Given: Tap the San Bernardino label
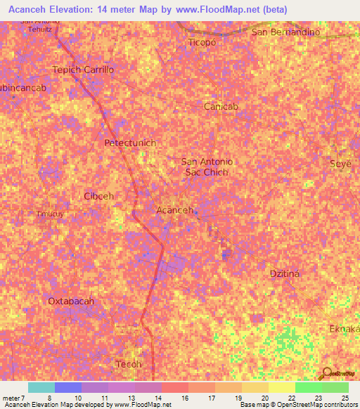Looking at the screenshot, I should [285, 32].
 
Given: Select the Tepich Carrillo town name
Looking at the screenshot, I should [83, 70].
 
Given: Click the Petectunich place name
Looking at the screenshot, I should [130, 143].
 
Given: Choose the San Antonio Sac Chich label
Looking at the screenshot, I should [207, 167].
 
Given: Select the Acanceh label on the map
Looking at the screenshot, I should [174, 210].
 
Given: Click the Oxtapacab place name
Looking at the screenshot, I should [71, 301].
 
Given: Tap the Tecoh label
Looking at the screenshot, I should [129, 364].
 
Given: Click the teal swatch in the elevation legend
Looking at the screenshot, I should [41, 387].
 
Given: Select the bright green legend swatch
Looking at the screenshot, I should [309, 387].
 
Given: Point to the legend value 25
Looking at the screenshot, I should [345, 398].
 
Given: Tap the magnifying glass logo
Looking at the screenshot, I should [327, 373].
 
